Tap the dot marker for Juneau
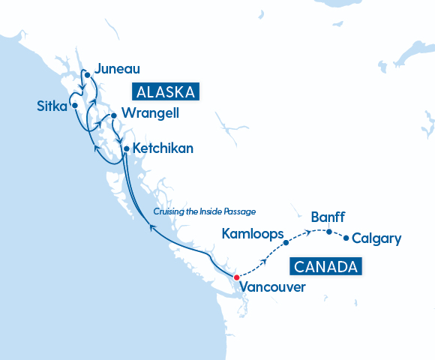coord(87,75)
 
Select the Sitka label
coord(51,106)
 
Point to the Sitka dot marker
coord(75,106)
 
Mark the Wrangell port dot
coord(113,115)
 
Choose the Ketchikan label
coord(163,148)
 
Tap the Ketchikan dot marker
coord(126,148)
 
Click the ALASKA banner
coord(166,92)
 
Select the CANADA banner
coord(325,266)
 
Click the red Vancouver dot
coord(236,277)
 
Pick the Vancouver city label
coord(272,286)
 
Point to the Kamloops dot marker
coord(286,242)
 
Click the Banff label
coord(328,217)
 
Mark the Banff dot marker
coord(328,232)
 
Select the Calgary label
coord(376,239)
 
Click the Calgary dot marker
coord(346,238)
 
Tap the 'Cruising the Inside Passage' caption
coord(205,211)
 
